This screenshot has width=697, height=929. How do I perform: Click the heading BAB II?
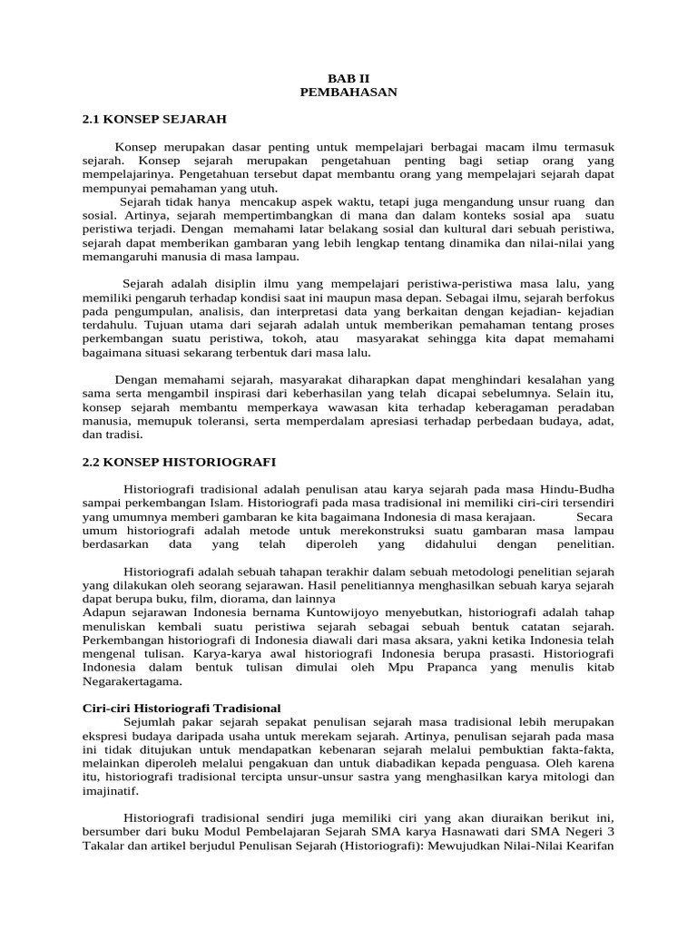348,78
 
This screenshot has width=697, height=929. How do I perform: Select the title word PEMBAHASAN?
348,92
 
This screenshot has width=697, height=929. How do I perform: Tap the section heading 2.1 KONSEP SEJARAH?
153,119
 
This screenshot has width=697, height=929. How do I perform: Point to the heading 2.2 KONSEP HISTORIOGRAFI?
179,462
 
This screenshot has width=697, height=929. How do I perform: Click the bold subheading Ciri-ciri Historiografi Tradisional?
182,707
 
